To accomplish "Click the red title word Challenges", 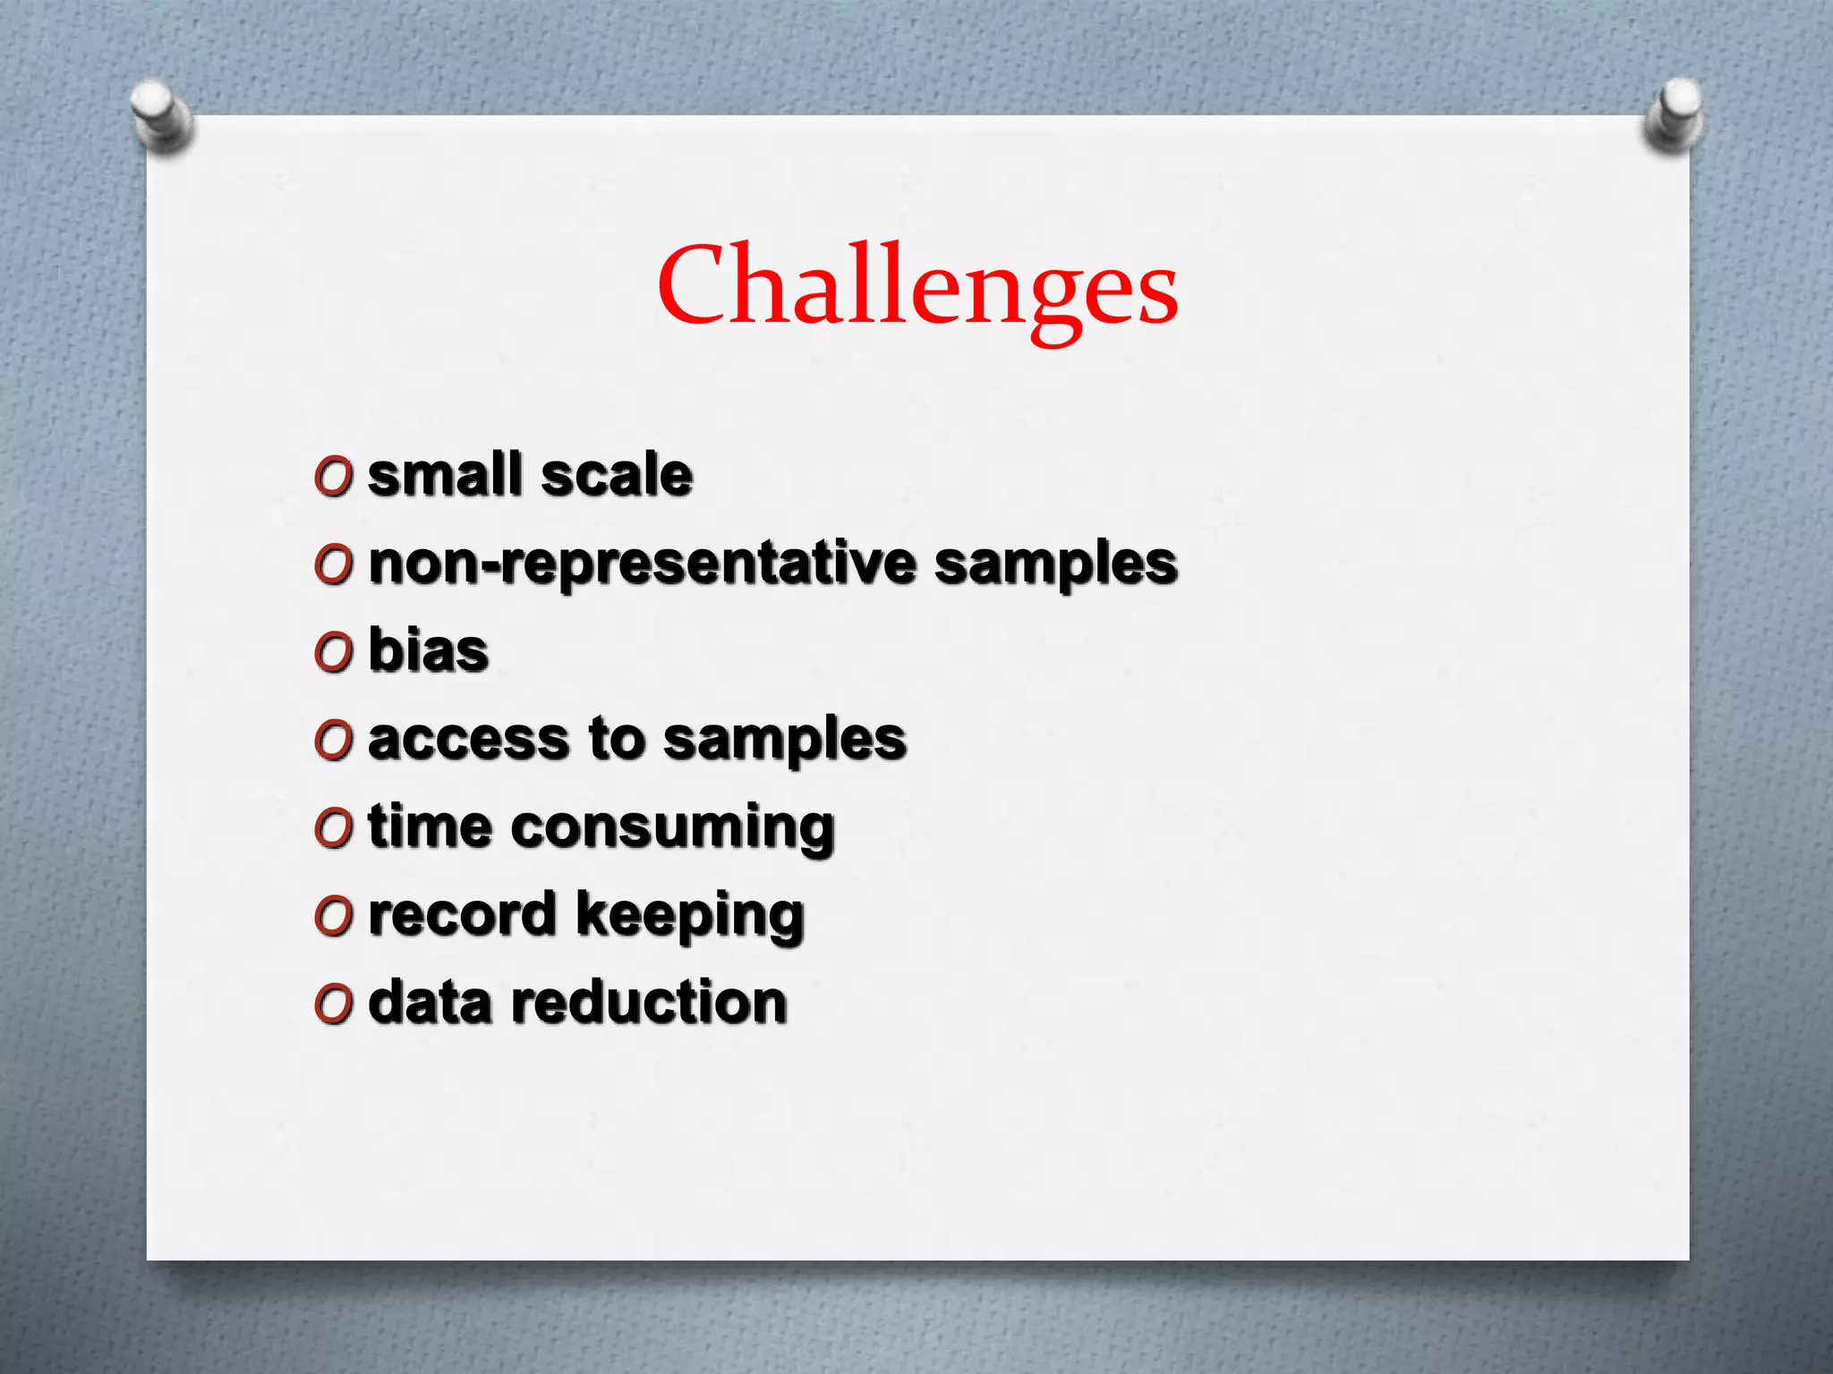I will click(917, 286).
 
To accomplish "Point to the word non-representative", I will click(643, 564).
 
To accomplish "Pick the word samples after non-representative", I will click(1056, 565).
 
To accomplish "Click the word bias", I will click(429, 650).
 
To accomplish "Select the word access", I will click(468, 739).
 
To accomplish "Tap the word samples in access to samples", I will click(785, 741).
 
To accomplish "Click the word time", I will click(430, 826).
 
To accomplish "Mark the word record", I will click(463, 914).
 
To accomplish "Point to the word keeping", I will click(690, 916).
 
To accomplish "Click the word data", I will click(430, 1002).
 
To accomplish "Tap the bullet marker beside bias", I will click(333, 654).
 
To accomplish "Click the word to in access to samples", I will click(617, 739).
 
